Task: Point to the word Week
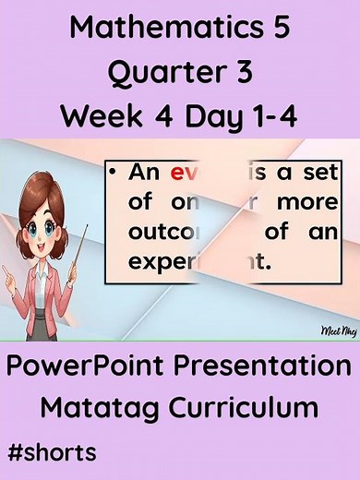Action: coord(97,116)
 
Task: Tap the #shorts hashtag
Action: coord(52,453)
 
